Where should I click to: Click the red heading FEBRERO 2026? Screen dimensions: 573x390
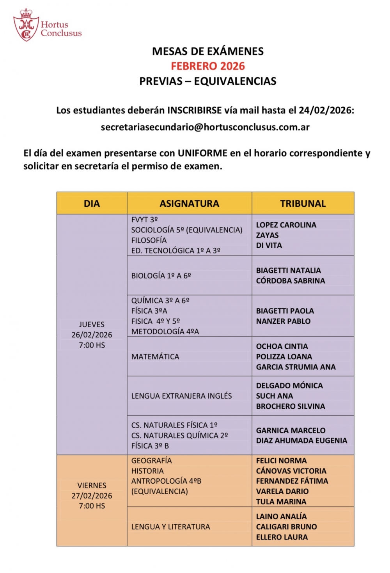point(208,66)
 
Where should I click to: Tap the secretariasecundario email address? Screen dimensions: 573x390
point(205,127)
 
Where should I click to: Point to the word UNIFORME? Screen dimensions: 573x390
point(202,153)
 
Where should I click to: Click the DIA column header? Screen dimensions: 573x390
point(92,204)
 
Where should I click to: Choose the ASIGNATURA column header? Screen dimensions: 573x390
point(189,204)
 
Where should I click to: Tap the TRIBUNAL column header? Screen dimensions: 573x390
point(303,204)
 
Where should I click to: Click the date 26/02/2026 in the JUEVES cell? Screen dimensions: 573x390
point(92,335)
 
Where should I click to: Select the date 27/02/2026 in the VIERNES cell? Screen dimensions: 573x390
point(92,496)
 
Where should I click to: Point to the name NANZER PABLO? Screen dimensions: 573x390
point(283,321)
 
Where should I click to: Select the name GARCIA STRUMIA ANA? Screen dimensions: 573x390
point(296,367)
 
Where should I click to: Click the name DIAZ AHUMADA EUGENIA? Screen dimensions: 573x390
point(301,441)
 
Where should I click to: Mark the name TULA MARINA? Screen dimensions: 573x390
point(281,502)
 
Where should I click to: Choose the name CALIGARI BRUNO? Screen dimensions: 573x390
point(286,527)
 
